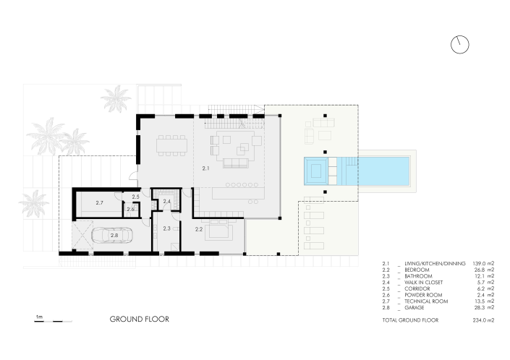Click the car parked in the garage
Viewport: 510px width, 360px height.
point(115,236)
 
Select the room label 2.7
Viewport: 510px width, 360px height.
point(100,203)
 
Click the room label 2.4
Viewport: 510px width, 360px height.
point(166,201)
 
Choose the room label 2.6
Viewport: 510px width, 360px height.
point(131,210)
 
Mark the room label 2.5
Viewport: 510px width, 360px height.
point(135,197)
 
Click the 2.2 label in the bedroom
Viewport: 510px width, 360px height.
point(198,228)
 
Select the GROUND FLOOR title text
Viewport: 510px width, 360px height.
point(139,319)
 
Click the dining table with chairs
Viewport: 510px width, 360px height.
point(172,144)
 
